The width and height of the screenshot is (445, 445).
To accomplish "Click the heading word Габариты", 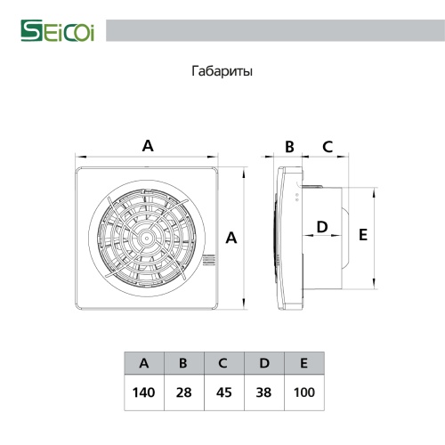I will pos(222,71).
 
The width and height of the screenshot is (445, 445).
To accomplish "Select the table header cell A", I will pos(144,363).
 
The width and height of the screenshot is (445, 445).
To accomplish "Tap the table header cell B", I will pos(183,363).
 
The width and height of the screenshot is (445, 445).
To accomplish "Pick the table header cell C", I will pos(222,363).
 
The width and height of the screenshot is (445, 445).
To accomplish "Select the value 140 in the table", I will pos(144,392).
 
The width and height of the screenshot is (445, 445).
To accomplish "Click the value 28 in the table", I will pos(183,392).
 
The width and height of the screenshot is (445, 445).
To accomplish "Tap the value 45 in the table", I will pos(222,392).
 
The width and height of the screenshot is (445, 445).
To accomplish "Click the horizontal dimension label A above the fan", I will pos(148,145).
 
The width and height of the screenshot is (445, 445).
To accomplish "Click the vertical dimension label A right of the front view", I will pos(231,238).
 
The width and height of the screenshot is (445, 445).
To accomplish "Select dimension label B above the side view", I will pos(289,145).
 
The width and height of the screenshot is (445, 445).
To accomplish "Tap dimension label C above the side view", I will pos(327,145).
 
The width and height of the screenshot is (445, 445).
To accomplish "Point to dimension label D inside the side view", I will pos(322,228).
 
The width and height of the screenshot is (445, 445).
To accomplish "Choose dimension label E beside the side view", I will pos(362,235).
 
